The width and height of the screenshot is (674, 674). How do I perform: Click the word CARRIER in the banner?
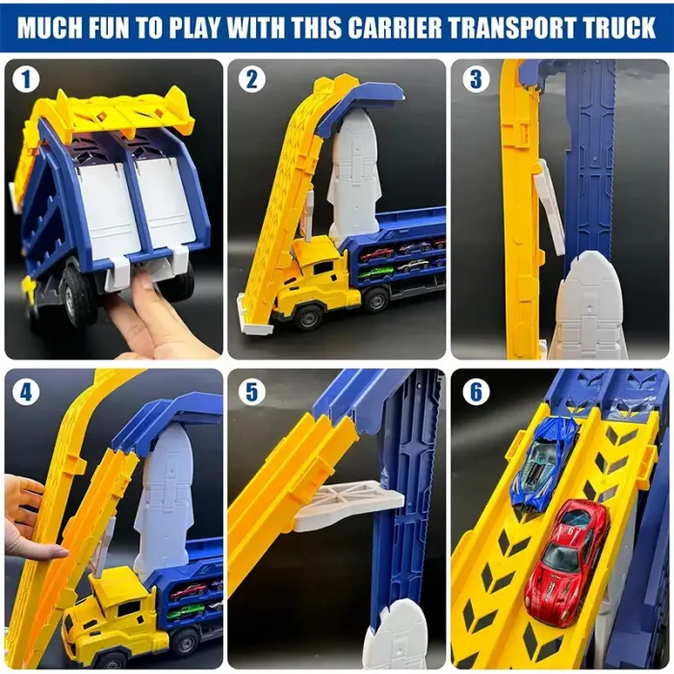click(x=395, y=28)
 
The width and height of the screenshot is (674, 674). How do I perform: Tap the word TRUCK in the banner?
click(x=615, y=28)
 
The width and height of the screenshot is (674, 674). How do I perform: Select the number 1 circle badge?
click(x=26, y=80)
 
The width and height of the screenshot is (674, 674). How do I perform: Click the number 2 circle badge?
click(x=251, y=80)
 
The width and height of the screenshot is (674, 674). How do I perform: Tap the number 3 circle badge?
click(x=476, y=80)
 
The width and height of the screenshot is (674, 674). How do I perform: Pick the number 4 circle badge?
click(x=26, y=392)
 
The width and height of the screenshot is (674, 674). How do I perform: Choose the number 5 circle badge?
click(x=251, y=392)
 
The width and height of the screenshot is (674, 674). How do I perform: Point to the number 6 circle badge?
click(x=476, y=392)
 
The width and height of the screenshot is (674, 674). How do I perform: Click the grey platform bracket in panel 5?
click(x=349, y=503)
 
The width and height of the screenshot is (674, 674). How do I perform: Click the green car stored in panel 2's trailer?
click(x=377, y=272)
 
